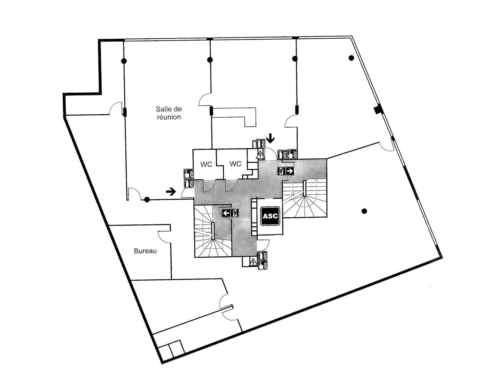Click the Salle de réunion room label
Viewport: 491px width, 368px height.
pyautogui.click(x=168, y=113)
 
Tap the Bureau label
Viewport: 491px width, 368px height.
pyautogui.click(x=145, y=251)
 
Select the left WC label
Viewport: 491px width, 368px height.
pyautogui.click(x=206, y=164)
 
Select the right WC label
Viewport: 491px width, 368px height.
pyautogui.click(x=235, y=164)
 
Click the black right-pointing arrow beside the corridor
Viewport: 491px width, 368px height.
pyautogui.click(x=171, y=191)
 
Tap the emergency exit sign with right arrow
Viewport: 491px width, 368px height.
pyautogui.click(x=286, y=171)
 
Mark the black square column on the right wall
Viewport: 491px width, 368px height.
pyautogui.click(x=378, y=109)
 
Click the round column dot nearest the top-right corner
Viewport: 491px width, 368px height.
pyautogui.click(x=351, y=58)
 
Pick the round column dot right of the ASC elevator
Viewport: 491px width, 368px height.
pyautogui.click(x=364, y=211)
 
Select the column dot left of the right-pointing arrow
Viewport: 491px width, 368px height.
pyautogui.click(x=147, y=199)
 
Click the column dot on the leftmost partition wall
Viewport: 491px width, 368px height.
pyautogui.click(x=124, y=61)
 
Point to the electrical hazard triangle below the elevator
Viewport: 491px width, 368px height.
pyautogui.click(x=253, y=262)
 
